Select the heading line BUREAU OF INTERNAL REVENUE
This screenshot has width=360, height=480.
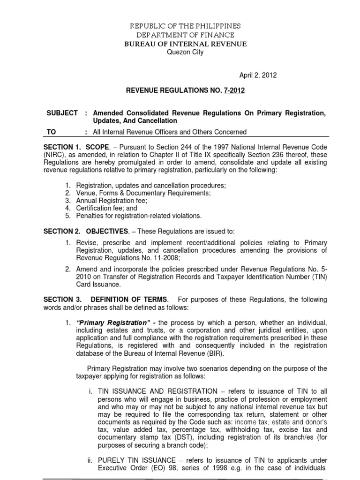pyautogui.click(x=185, y=44)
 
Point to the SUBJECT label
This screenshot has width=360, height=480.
pyautogui.click(x=62, y=114)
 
